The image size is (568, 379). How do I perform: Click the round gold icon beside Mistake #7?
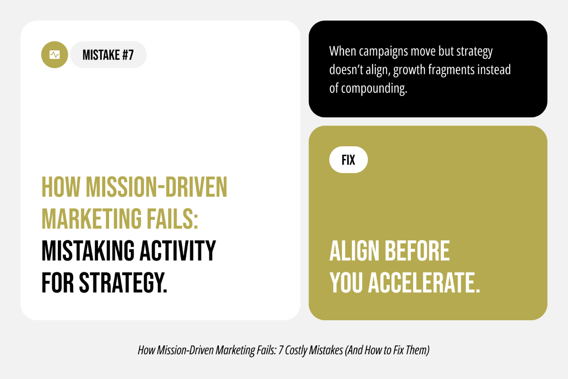[x=55, y=55]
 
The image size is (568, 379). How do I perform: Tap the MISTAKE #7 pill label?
[x=108, y=55]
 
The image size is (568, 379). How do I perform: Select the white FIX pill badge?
[x=348, y=160]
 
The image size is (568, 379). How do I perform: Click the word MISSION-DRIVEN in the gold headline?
[x=156, y=187]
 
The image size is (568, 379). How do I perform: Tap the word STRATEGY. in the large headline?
[x=123, y=283]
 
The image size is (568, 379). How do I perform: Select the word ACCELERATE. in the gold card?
[x=424, y=283]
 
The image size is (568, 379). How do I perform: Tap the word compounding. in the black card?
[x=374, y=88]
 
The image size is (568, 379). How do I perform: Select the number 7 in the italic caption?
[x=281, y=350]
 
